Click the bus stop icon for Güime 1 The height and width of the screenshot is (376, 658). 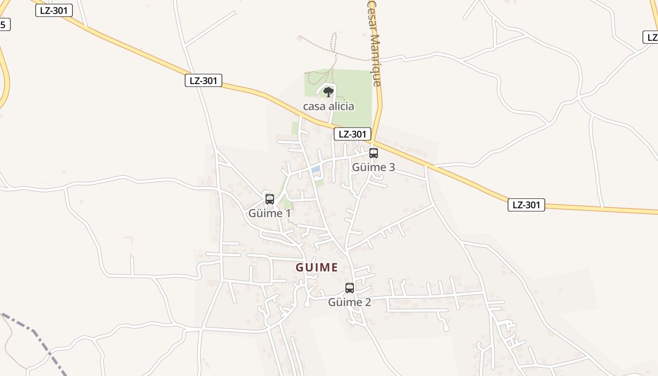coord(269,199)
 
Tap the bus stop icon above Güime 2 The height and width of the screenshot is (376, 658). coord(350,288)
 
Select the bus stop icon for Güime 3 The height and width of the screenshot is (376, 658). coord(374,153)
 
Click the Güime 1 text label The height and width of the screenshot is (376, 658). coord(269,213)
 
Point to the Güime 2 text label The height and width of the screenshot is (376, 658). coord(350,302)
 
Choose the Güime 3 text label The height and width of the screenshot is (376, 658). coord(374,167)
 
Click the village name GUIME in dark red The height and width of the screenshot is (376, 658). coord(316,267)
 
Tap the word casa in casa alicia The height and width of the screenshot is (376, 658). coord(314,107)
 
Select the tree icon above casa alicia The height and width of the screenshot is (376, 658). coord(329,92)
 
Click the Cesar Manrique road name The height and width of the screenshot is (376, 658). coord(374,42)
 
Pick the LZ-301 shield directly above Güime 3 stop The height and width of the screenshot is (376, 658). coord(352,134)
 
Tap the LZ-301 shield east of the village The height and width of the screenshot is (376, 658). coord(526,205)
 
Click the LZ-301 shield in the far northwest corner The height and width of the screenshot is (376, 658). coord(54,10)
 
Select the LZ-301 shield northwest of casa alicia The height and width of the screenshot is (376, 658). coord(203,80)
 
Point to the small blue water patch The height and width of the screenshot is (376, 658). coord(315,169)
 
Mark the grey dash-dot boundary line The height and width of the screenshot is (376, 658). coord(38,337)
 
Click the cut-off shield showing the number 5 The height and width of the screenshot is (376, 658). coord(4,24)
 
